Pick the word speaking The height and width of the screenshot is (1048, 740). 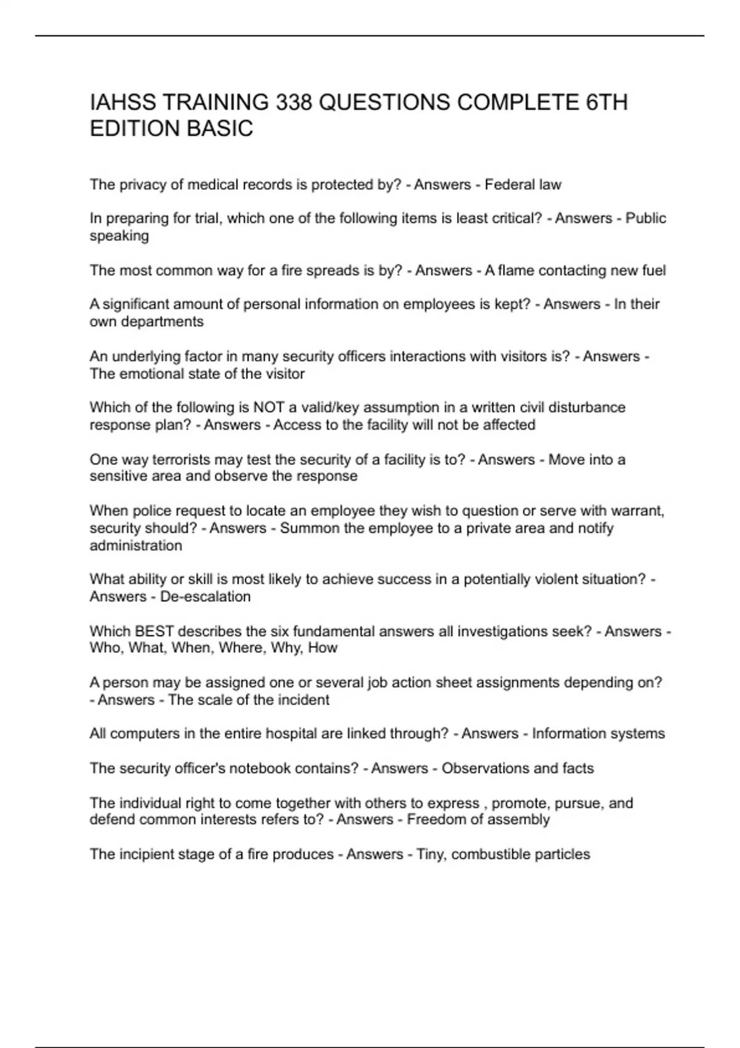(119, 236)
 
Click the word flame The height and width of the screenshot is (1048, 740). (513, 271)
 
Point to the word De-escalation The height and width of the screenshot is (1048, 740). (205, 597)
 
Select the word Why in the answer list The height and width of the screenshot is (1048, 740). (282, 648)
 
